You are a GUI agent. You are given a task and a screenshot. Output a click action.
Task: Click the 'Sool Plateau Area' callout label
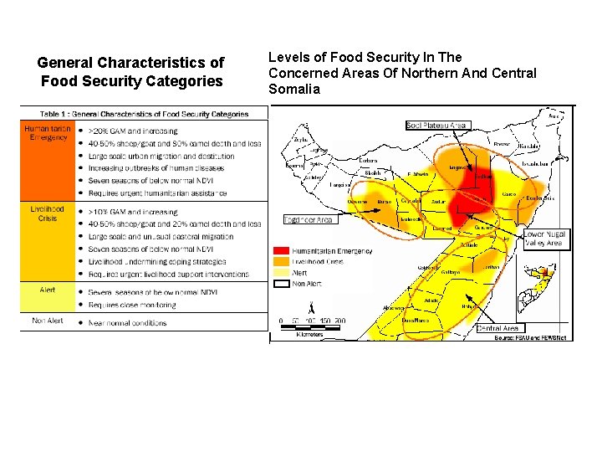tap(436, 126)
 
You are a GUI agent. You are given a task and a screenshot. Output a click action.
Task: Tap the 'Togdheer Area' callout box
tap(309, 220)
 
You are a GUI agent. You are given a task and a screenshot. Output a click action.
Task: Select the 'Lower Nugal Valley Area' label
tap(545, 239)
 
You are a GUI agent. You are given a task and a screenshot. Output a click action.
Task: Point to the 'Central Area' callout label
tap(498, 328)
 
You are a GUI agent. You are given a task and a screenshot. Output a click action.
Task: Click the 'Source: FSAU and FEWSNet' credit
tap(530, 337)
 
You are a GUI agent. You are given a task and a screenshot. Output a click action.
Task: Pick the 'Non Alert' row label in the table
tap(47, 321)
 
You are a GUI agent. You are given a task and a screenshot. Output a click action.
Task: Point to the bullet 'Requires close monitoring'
tap(133, 305)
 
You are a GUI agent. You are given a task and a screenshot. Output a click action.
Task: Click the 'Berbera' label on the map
tap(368, 160)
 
